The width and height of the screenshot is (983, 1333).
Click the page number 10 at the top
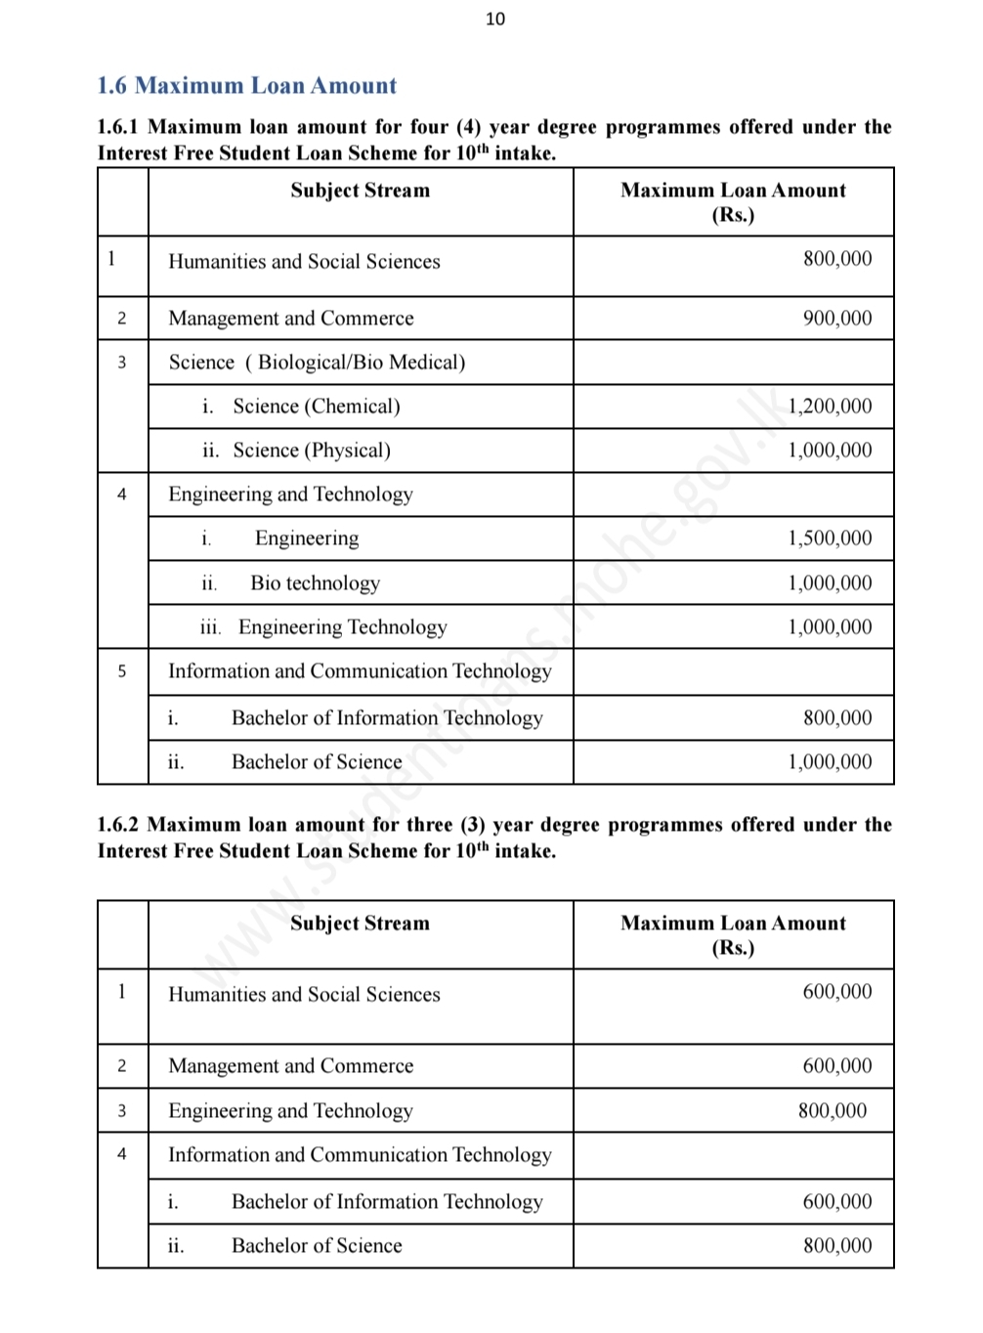(495, 19)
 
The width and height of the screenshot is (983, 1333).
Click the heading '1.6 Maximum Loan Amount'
(246, 86)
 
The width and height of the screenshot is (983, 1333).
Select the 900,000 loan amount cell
(837, 319)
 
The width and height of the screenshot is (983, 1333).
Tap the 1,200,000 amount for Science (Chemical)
(830, 407)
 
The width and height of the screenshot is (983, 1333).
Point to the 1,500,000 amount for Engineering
(830, 538)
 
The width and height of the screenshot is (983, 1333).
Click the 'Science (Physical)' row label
(311, 451)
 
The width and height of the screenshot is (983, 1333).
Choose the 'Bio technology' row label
(315, 583)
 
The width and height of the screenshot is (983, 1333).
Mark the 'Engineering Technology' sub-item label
(342, 627)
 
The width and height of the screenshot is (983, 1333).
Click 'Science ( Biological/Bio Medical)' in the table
(317, 363)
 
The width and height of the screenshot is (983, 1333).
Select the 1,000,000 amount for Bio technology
(830, 583)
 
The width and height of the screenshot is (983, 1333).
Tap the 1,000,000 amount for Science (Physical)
(830, 451)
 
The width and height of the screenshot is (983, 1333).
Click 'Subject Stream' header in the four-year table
(360, 191)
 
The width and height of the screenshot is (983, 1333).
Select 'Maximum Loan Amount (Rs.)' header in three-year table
(733, 935)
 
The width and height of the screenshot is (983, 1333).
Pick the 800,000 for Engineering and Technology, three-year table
(833, 1111)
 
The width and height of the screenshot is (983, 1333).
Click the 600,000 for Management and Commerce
(837, 1066)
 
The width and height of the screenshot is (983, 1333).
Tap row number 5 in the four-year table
(122, 671)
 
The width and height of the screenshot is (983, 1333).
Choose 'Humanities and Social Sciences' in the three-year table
(304, 995)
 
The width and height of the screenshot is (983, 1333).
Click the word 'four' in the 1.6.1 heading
(429, 127)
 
